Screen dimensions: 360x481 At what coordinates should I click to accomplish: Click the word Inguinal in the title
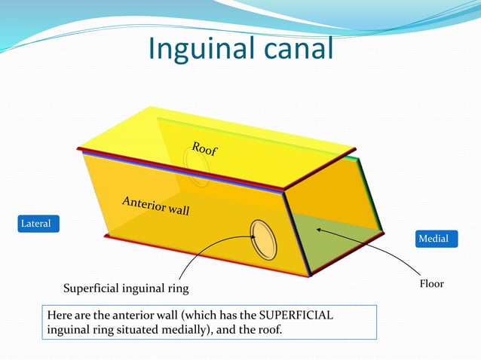[x=198, y=49]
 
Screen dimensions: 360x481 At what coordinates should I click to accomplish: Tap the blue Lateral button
[x=38, y=224]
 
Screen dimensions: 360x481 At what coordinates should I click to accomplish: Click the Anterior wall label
[x=155, y=206]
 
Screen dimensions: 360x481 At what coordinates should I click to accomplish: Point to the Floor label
[x=432, y=284]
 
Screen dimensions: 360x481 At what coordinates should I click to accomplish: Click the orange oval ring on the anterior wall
[x=263, y=239]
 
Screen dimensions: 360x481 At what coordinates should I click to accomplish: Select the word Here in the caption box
[x=60, y=315]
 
